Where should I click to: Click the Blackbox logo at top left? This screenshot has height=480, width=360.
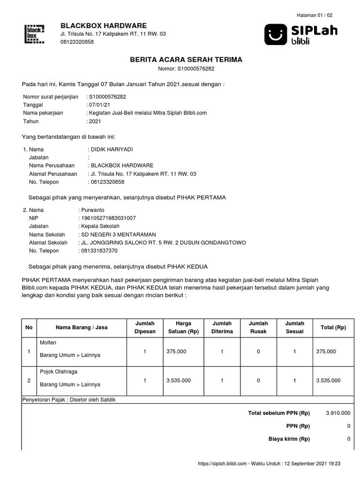(x=34, y=34)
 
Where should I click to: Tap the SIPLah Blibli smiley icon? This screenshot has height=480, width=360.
(x=276, y=34)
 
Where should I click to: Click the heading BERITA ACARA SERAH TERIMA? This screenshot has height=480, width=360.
(x=186, y=60)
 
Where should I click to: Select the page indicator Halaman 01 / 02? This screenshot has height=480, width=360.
(x=315, y=15)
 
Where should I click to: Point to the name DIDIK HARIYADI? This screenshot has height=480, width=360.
(x=112, y=149)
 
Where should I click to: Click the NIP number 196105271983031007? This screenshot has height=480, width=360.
(x=109, y=218)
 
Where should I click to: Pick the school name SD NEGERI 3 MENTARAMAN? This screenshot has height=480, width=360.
(x=119, y=234)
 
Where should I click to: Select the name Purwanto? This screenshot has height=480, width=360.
(x=94, y=210)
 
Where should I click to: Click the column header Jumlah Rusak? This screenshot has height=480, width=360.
(x=258, y=328)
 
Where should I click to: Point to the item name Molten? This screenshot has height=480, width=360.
(x=48, y=343)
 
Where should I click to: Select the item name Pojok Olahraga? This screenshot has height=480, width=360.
(x=59, y=372)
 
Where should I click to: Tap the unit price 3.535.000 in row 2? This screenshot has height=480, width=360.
(x=178, y=381)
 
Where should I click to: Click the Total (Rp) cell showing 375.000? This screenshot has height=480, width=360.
(x=326, y=351)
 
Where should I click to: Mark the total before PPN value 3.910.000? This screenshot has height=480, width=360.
(x=337, y=413)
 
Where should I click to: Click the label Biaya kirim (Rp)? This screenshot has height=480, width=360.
(x=289, y=439)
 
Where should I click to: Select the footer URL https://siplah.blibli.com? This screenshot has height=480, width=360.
(x=222, y=464)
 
